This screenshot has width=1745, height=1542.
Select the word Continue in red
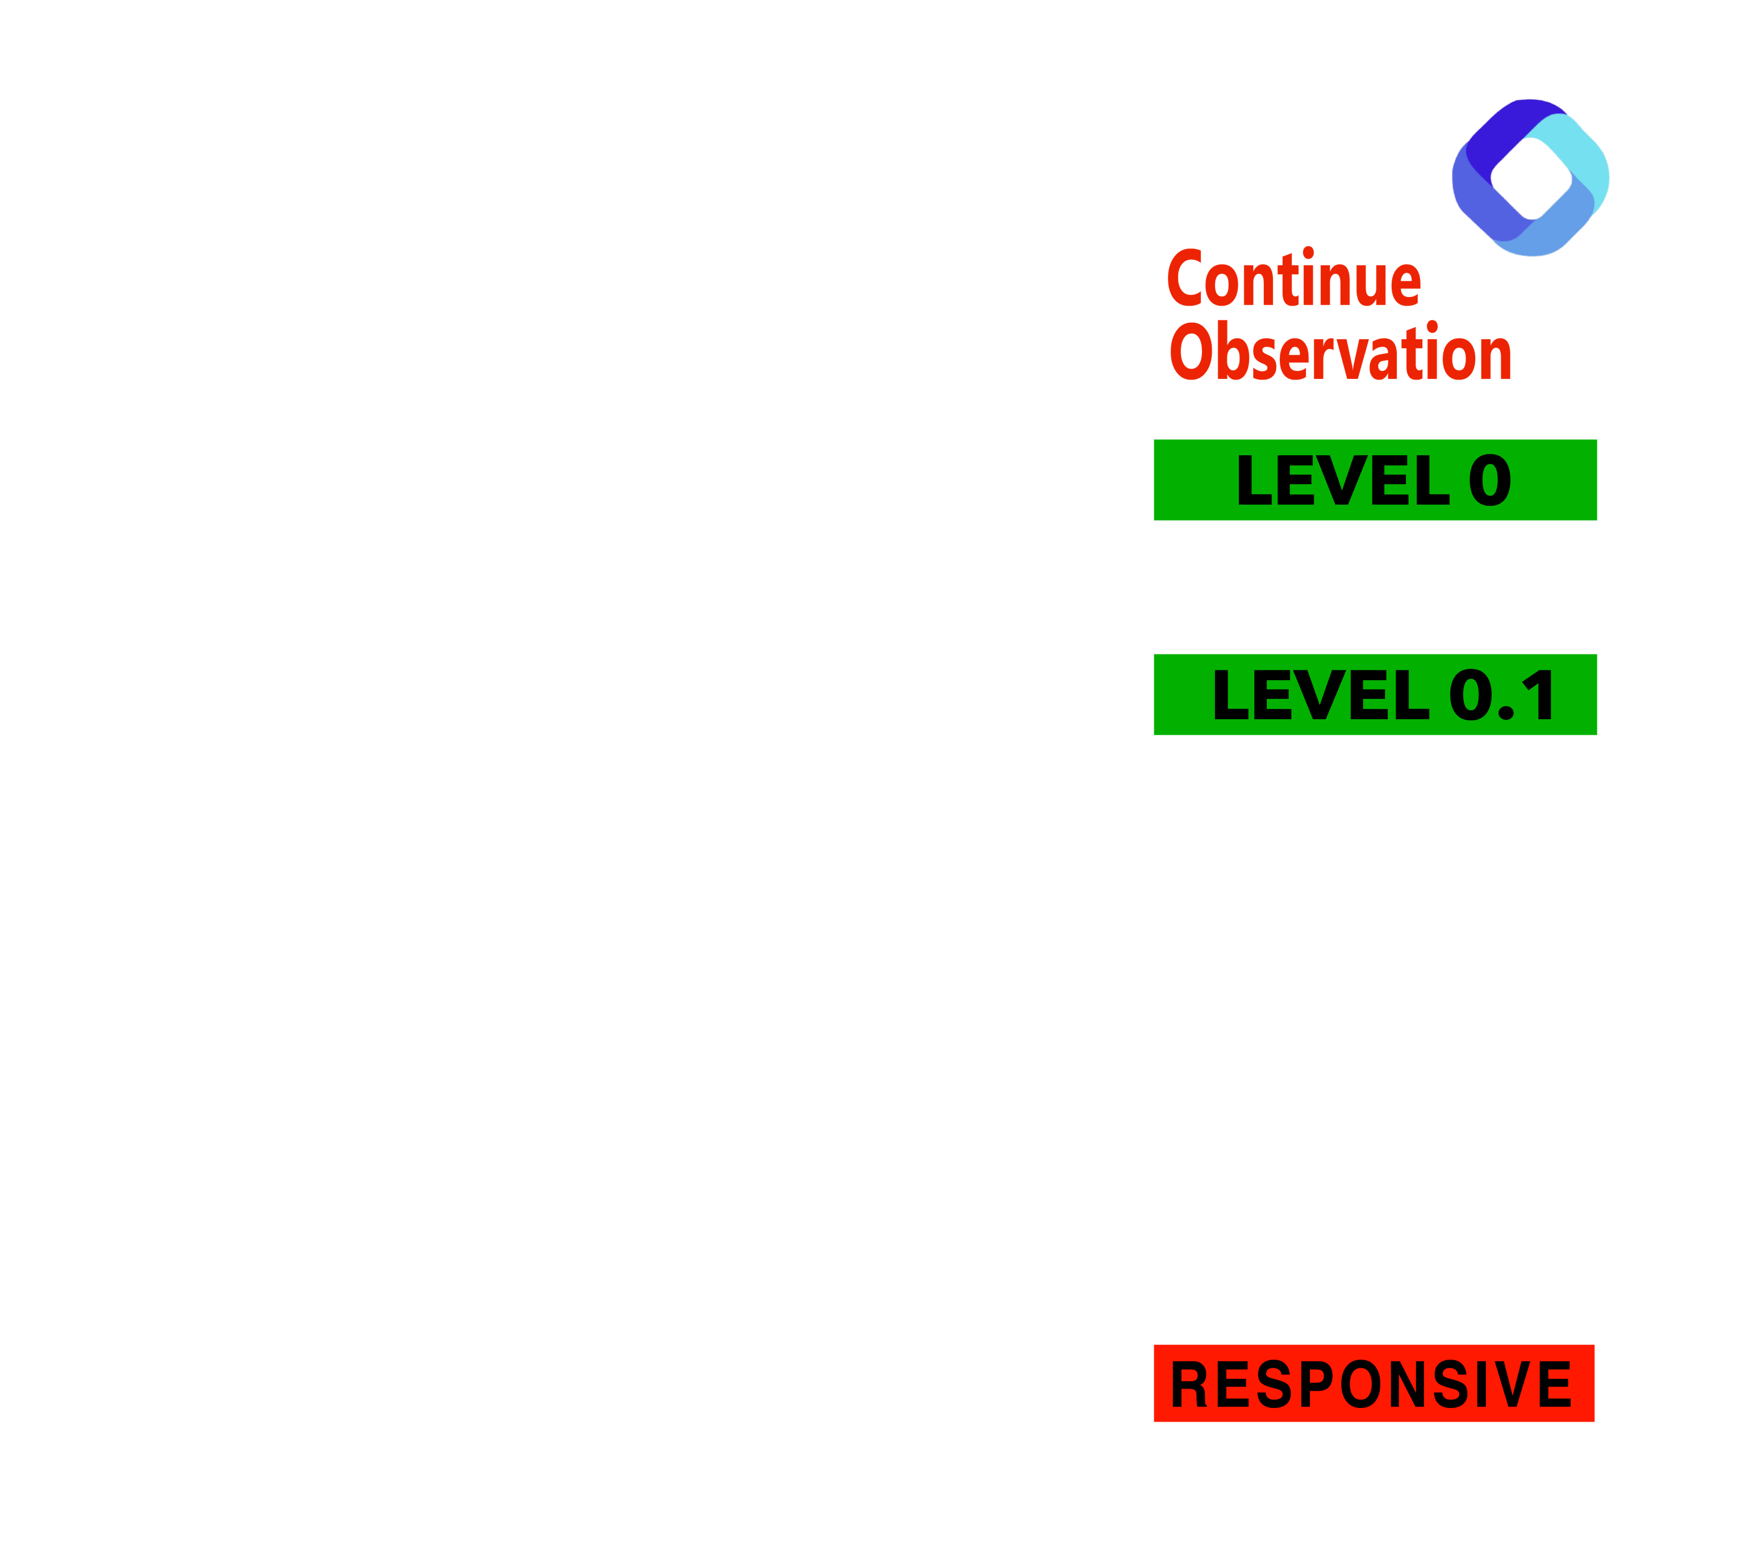[x=1294, y=277]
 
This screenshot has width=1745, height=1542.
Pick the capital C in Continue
[x=1185, y=277]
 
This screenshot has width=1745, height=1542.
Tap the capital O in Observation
[x=1191, y=351]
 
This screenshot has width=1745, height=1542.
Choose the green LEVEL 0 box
[x=1375, y=480]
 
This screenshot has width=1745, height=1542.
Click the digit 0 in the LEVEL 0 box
[x=1490, y=480]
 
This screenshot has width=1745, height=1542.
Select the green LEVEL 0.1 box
[x=1375, y=694]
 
